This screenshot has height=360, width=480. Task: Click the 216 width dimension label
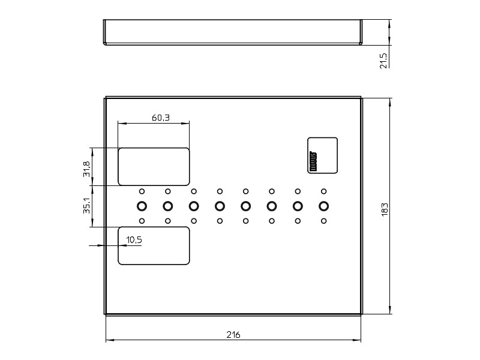tap(233, 335)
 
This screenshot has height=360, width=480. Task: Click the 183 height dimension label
tap(385, 209)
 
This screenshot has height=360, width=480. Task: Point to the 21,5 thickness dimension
tap(384, 59)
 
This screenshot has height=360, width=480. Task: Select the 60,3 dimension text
tap(160, 118)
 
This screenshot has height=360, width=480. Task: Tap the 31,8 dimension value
tap(87, 169)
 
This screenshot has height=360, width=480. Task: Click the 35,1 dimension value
tap(87, 206)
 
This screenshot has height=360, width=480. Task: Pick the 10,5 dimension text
tap(134, 240)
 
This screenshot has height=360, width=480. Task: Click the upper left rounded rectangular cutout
tap(154, 166)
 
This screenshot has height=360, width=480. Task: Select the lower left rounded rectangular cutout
tap(154, 245)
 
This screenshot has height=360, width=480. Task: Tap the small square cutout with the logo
tap(323, 155)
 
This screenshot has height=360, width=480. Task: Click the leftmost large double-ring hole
tap(142, 206)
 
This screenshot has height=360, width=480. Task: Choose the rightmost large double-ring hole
tap(324, 206)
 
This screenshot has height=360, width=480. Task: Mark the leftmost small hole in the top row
tap(142, 191)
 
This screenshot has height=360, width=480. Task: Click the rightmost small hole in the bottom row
tap(324, 221)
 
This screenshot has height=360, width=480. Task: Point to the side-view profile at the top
tap(233, 32)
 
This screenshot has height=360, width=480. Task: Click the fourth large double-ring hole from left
tap(220, 206)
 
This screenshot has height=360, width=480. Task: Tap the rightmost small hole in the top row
tap(324, 191)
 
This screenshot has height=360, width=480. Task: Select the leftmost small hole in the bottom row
tap(142, 221)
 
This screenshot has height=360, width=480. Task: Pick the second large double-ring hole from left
tap(168, 206)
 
